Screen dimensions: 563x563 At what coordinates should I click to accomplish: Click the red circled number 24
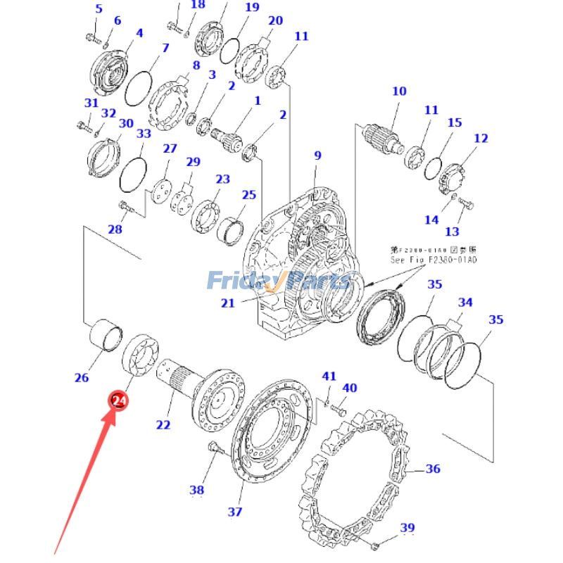(119, 400)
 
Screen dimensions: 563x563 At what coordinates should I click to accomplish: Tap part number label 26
(82, 378)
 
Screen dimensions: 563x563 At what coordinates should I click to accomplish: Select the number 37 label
(234, 512)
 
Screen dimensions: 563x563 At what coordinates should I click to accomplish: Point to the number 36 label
(433, 469)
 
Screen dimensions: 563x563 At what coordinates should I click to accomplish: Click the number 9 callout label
(317, 156)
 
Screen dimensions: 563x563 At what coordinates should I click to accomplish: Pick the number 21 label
(227, 303)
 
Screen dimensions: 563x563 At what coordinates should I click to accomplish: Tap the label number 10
(399, 91)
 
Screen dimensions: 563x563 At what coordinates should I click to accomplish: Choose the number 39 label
(407, 528)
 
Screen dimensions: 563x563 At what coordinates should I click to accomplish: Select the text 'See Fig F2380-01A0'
(434, 260)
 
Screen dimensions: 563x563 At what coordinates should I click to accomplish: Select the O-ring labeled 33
(133, 172)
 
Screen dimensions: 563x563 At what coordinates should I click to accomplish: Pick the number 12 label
(481, 139)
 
